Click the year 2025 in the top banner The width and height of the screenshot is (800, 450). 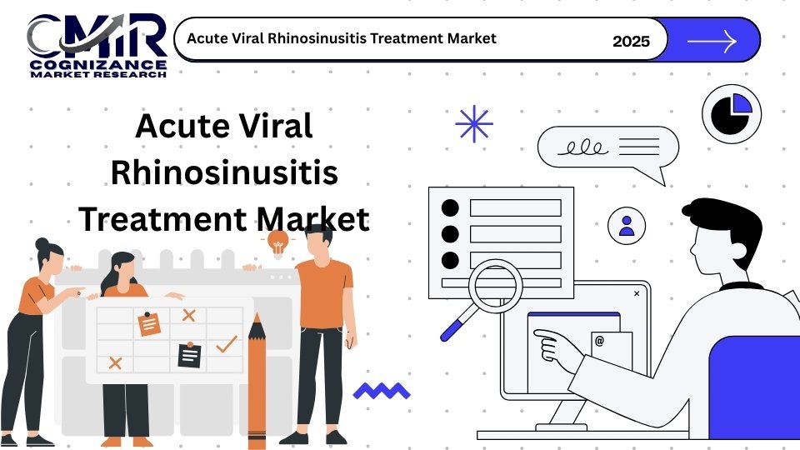631,42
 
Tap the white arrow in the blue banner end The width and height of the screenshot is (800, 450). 712,41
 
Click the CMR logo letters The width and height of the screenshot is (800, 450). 97,36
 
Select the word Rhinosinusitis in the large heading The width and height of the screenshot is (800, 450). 224,172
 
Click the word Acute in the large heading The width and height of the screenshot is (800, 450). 182,126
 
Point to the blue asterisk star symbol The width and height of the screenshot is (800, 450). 474,123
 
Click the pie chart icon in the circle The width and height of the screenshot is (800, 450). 732,113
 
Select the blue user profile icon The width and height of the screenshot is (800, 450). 627,226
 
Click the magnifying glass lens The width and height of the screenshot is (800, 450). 495,286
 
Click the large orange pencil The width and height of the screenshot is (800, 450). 257,381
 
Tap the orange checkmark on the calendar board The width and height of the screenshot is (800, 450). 227,344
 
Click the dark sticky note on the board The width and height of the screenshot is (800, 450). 189,355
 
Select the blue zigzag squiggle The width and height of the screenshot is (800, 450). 382,391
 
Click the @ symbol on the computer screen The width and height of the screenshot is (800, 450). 599,341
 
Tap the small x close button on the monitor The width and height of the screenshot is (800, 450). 637,293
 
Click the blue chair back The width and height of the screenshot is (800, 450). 755,387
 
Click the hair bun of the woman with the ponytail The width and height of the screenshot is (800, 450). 42,244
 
